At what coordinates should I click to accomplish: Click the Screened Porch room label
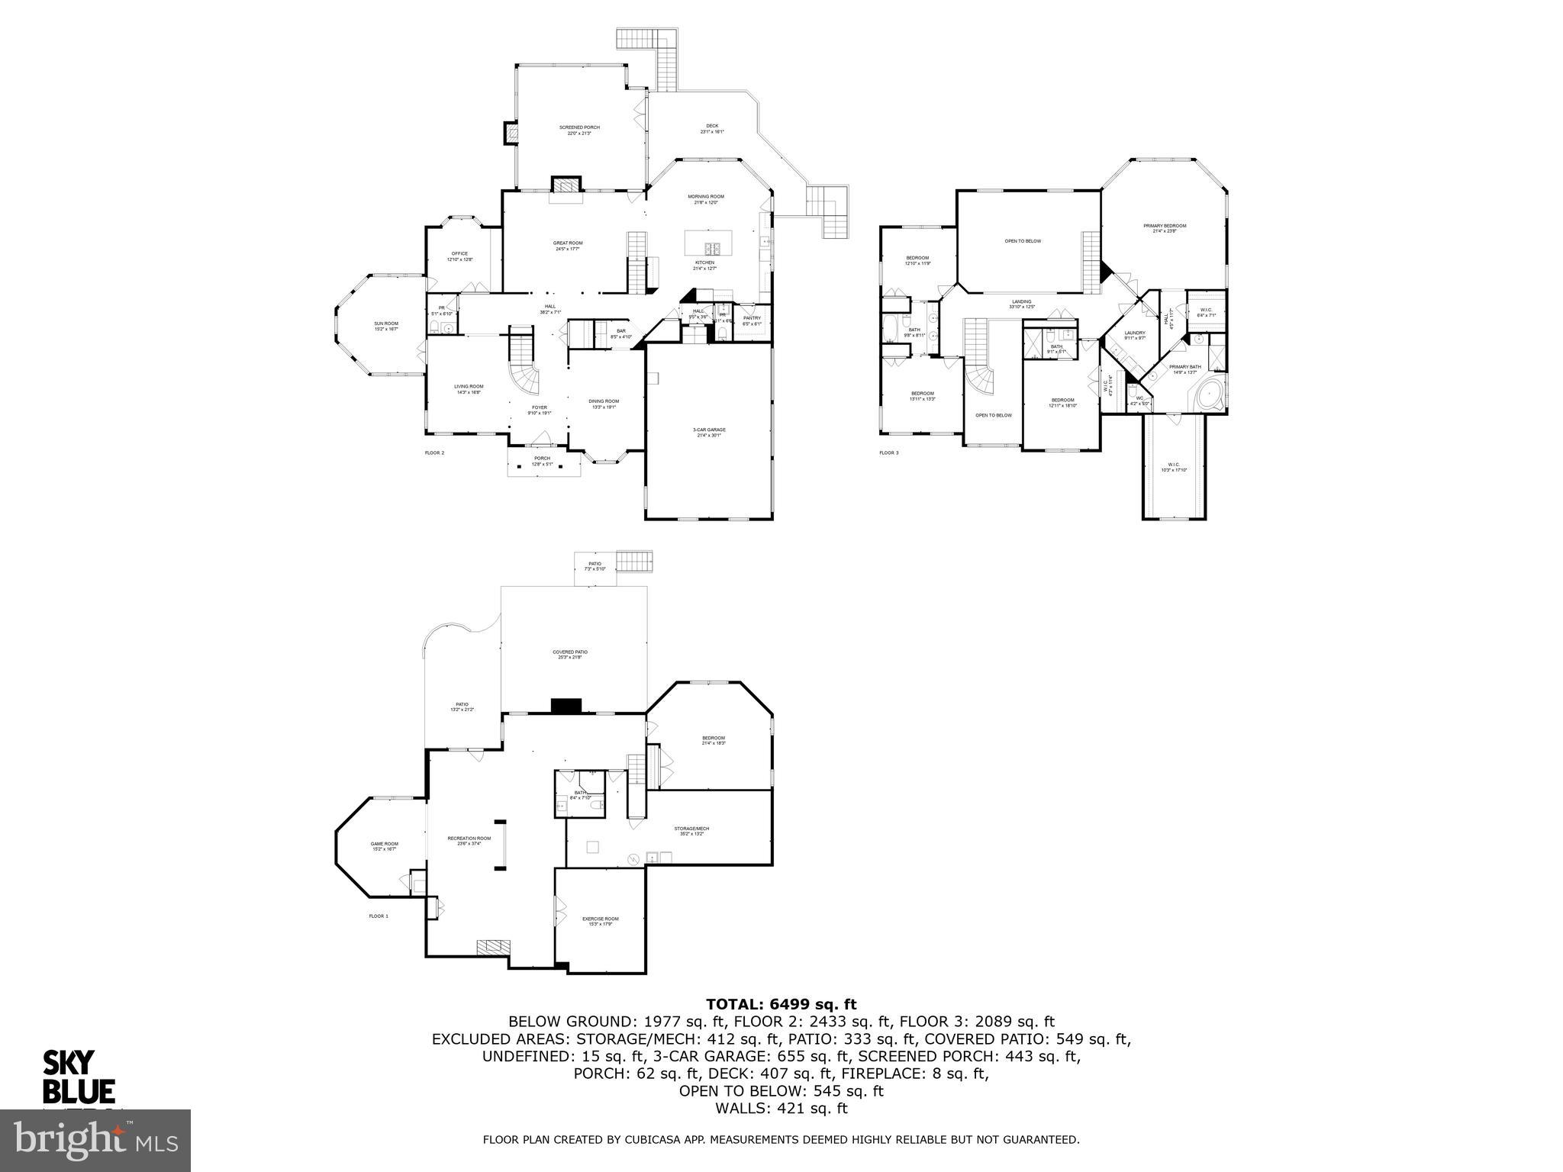[x=578, y=130]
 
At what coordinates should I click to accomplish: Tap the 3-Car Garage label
[x=709, y=433]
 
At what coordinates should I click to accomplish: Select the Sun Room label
[x=386, y=326]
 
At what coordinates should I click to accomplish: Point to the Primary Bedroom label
[x=1165, y=228]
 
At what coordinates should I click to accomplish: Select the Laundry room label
[x=1135, y=335]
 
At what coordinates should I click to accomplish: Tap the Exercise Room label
[x=600, y=921]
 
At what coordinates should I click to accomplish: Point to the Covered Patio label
[x=570, y=654]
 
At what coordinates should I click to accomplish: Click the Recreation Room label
[x=469, y=841]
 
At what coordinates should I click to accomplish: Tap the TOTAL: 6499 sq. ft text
[x=781, y=1004]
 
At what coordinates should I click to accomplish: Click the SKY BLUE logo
[x=79, y=1077]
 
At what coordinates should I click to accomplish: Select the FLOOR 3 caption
[x=889, y=453]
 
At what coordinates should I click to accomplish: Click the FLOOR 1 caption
[x=379, y=916]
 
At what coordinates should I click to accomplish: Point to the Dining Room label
[x=603, y=404]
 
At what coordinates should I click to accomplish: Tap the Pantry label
[x=752, y=320]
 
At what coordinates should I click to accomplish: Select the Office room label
[x=459, y=256]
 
